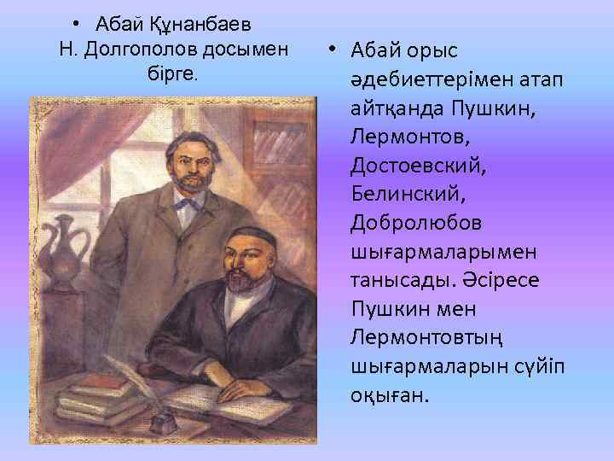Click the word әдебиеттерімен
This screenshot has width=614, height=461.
(432, 80)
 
